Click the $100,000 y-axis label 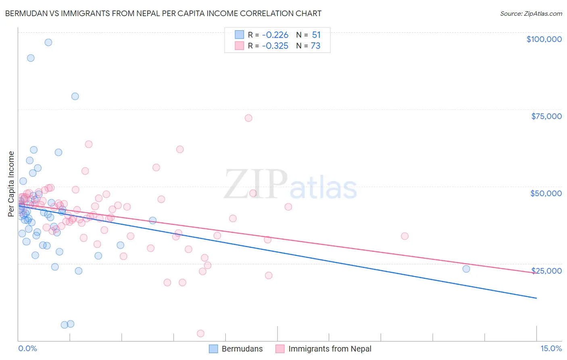544,39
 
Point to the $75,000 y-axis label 546,116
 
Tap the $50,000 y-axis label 546,193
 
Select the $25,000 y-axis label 546,270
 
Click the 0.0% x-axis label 27,348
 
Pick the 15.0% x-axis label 551,348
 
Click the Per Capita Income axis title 11,184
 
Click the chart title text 163,13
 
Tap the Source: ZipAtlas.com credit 531,14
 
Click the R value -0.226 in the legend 275,35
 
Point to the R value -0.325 275,46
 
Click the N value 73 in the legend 315,46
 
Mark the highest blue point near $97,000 48,42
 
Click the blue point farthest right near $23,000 466,269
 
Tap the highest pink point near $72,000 248,118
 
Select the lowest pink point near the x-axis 200,333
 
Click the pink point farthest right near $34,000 404,236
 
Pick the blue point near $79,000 75,96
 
